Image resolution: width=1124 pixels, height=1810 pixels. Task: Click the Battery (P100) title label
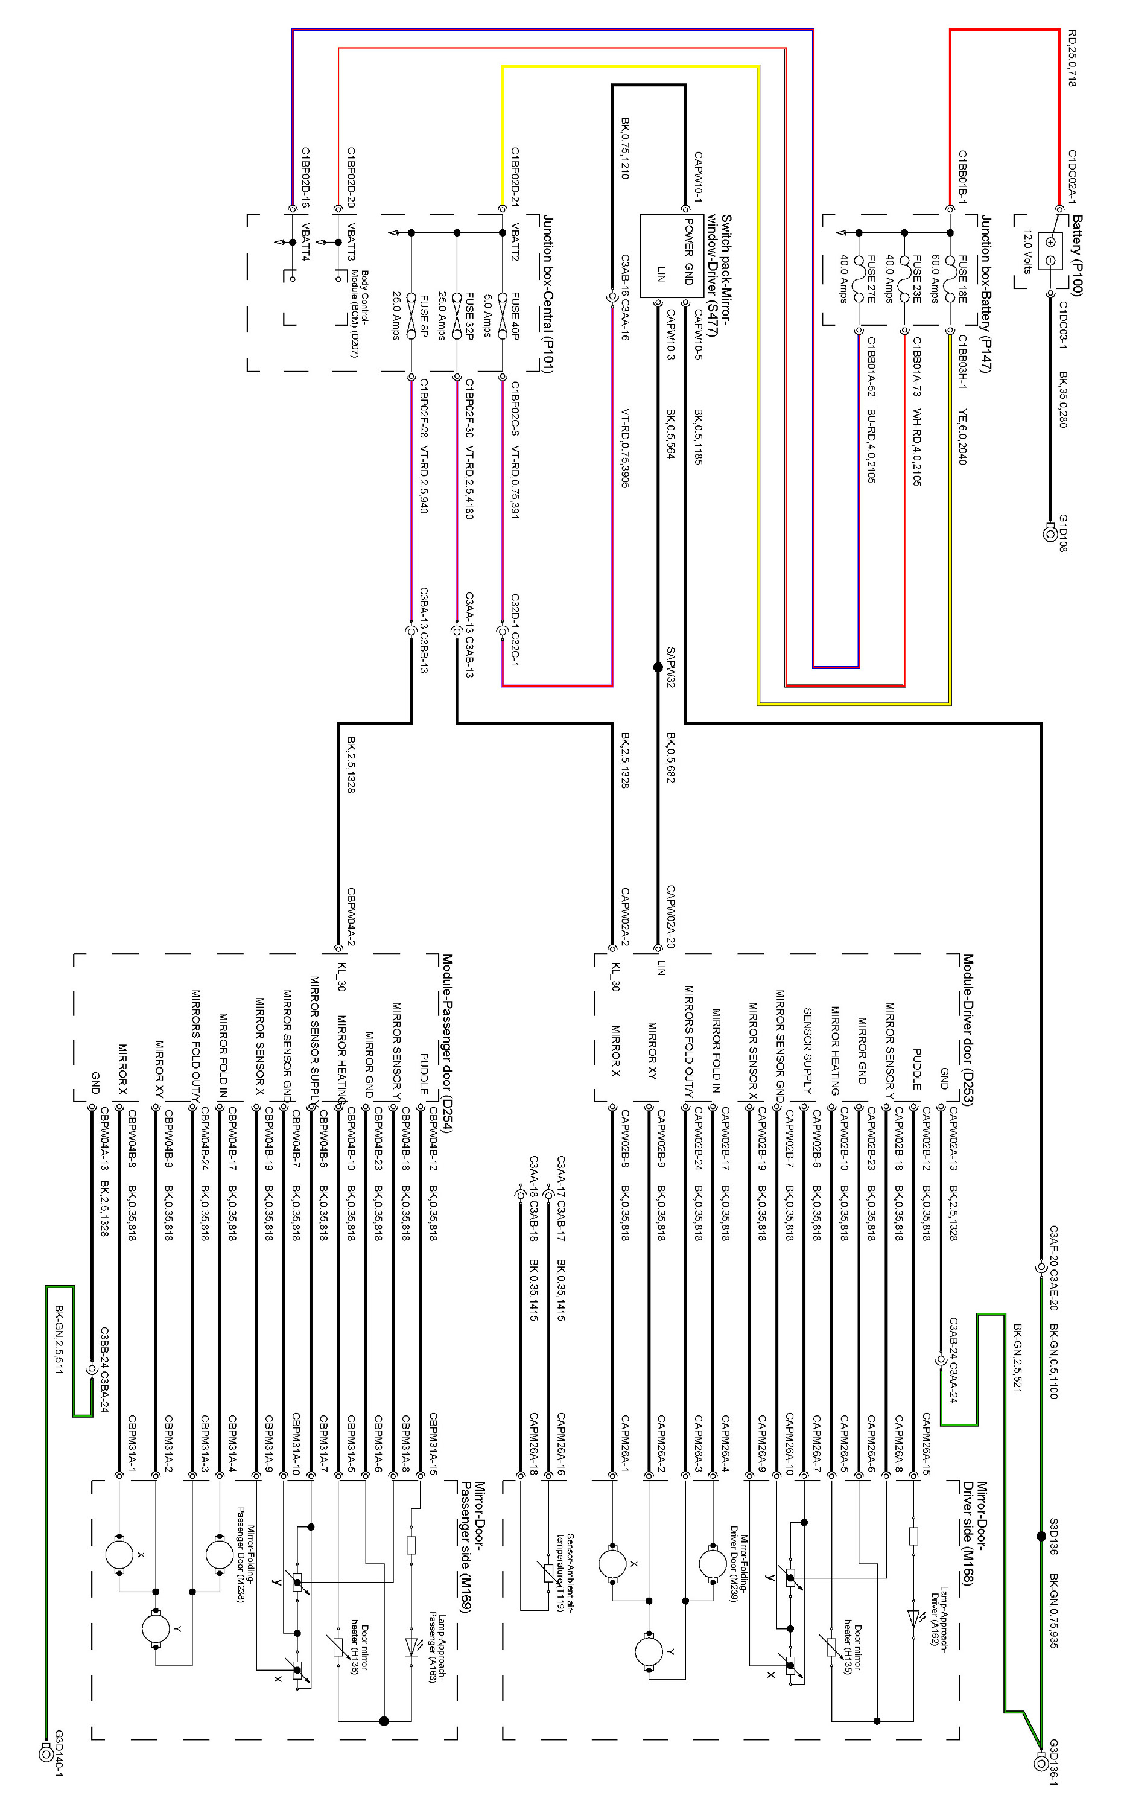(1076, 255)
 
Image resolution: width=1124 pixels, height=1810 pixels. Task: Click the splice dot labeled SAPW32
(657, 667)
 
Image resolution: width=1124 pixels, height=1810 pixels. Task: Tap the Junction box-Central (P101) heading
(548, 294)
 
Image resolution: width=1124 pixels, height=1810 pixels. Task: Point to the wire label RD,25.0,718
(1072, 59)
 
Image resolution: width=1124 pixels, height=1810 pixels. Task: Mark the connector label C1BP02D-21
(515, 177)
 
